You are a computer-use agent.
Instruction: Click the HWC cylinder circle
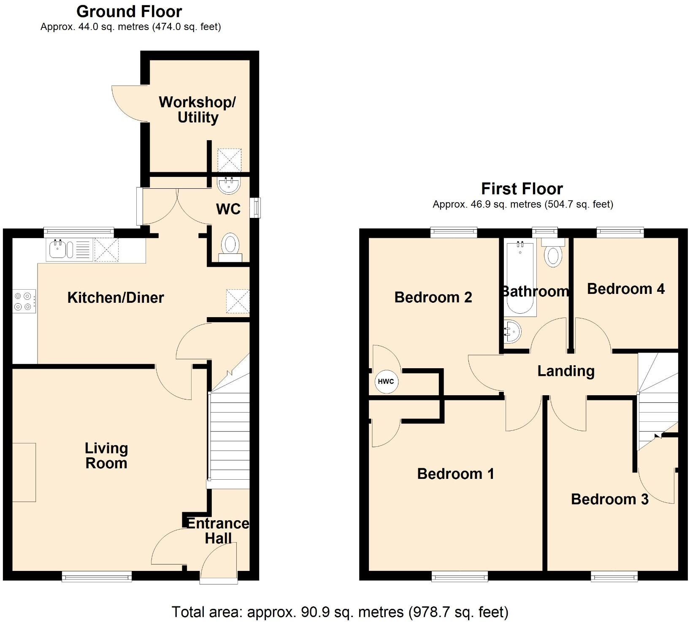[386, 382]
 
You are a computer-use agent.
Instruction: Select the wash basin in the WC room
[229, 185]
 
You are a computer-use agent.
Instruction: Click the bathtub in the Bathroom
[520, 279]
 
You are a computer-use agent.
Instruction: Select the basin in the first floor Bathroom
[512, 331]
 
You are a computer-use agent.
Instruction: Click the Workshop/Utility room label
[197, 110]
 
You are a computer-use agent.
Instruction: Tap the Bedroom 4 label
[625, 289]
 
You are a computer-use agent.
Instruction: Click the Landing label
[566, 371]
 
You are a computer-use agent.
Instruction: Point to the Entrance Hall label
[218, 531]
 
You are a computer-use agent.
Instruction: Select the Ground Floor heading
[129, 11]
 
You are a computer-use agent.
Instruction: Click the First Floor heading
[522, 188]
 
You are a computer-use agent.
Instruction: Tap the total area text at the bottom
[340, 611]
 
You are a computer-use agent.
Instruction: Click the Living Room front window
[97, 576]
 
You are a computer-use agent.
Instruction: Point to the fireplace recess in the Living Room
[24, 472]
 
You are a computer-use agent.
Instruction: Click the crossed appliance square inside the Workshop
[229, 160]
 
